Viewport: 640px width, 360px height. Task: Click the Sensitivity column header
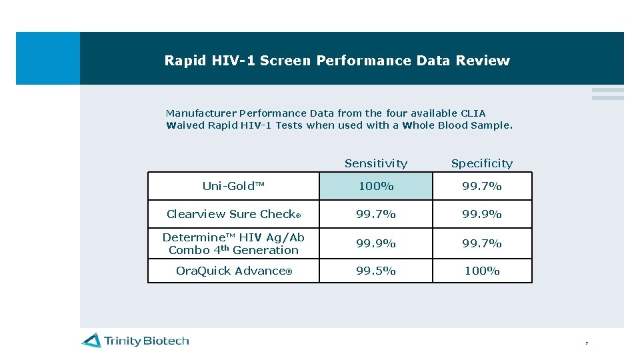[x=376, y=163]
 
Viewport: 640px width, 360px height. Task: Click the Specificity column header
[x=482, y=163]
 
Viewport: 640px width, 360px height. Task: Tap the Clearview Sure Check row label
[x=233, y=214]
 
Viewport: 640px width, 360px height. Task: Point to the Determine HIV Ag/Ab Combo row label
[x=233, y=243]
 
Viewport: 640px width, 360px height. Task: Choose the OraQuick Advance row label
[x=233, y=271]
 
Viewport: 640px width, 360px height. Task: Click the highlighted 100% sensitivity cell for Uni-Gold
[x=376, y=186]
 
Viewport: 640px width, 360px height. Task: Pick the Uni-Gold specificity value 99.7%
[x=482, y=186]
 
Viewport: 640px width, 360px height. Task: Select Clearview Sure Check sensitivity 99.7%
[x=376, y=214]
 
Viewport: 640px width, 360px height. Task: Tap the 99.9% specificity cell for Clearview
[x=482, y=214]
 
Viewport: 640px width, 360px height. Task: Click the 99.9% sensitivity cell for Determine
[x=376, y=243]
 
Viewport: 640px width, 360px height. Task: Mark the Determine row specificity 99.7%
[x=482, y=243]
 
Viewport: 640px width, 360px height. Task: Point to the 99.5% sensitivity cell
[x=376, y=271]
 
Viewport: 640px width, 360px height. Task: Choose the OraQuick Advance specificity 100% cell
[x=482, y=271]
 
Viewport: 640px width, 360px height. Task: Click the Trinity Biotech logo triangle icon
[x=91, y=341]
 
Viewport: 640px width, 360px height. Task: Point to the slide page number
[x=587, y=343]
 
